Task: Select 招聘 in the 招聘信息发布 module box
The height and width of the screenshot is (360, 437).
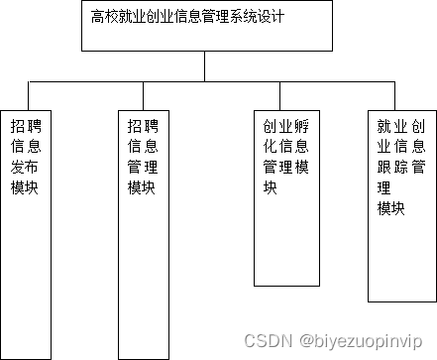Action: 25,125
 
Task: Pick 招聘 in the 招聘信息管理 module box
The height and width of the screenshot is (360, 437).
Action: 142,125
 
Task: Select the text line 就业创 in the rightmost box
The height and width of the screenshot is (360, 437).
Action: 401,127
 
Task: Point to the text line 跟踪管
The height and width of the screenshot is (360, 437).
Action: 401,167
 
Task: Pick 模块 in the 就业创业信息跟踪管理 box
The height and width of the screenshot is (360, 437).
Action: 391,208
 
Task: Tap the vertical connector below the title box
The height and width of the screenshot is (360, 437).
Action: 205,65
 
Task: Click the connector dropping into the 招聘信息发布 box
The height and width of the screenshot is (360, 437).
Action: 28,95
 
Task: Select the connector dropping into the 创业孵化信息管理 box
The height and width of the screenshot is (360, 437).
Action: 285,95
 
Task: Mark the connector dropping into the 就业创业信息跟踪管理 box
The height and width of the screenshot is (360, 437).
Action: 400,95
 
